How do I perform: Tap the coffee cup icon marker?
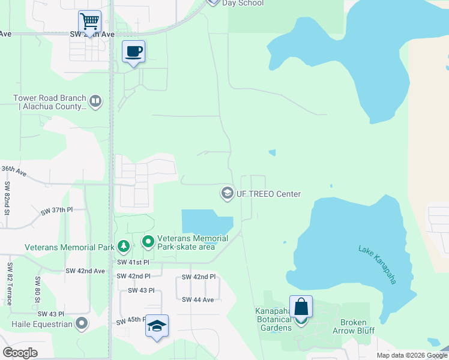[x=133, y=52]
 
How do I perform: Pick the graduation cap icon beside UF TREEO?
[x=227, y=193]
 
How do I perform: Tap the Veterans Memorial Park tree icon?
[x=123, y=246]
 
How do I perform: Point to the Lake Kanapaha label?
[x=378, y=265]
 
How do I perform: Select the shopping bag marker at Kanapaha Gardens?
[x=301, y=307]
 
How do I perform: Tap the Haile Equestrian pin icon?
[x=82, y=324]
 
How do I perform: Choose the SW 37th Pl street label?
[x=57, y=211]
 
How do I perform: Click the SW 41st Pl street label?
[x=133, y=262]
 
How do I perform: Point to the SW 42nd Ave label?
[x=85, y=271]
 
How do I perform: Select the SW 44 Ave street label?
[x=197, y=299]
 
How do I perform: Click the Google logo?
[x=20, y=353]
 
